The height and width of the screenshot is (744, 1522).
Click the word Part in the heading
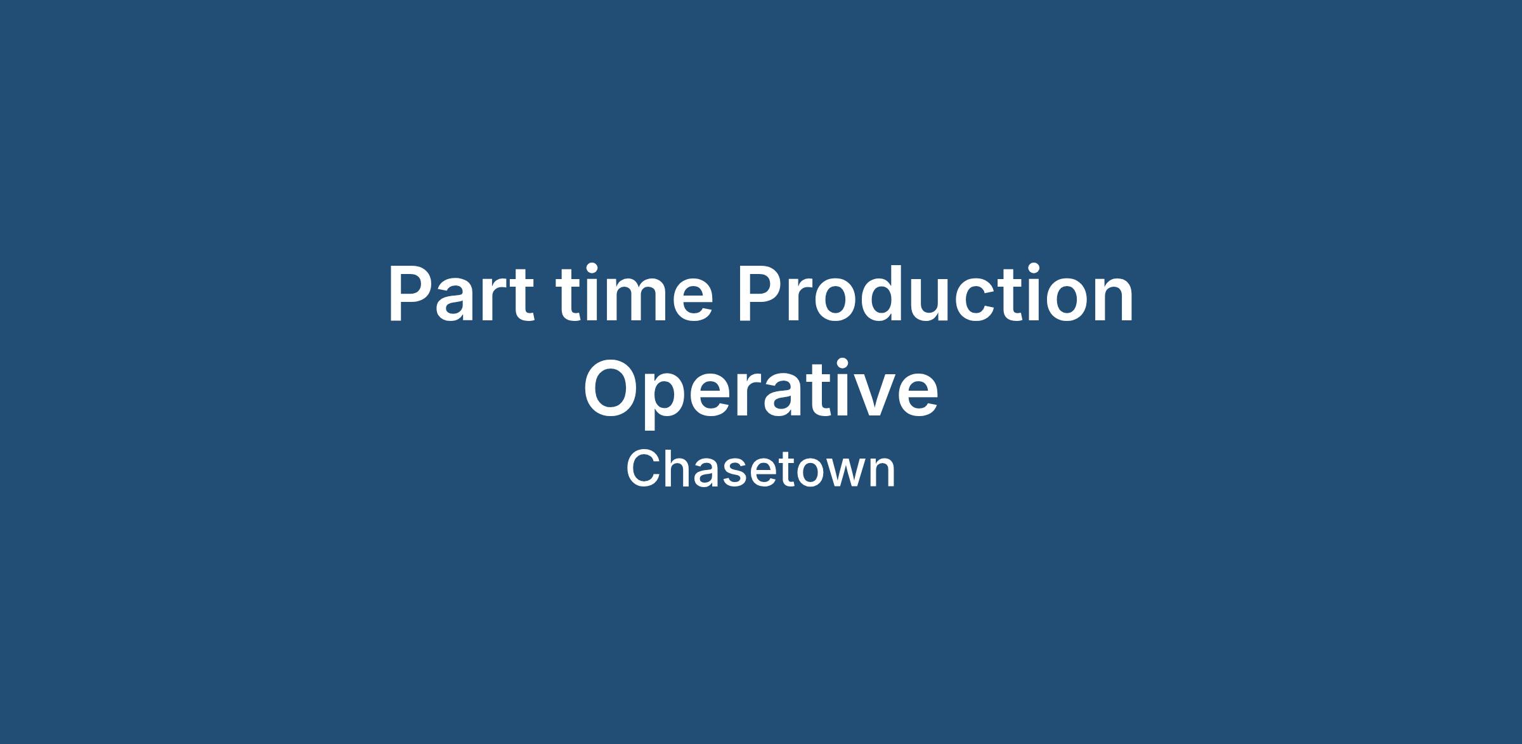tap(461, 294)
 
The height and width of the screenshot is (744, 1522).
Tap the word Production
tap(935, 294)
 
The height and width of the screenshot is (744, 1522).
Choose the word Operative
tap(760, 389)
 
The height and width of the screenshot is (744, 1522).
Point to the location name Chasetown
tap(760, 469)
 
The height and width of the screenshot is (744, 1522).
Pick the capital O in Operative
tap(611, 389)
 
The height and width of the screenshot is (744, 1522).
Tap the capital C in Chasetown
tap(643, 469)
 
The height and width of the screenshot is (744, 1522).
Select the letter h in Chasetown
tap(679, 469)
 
